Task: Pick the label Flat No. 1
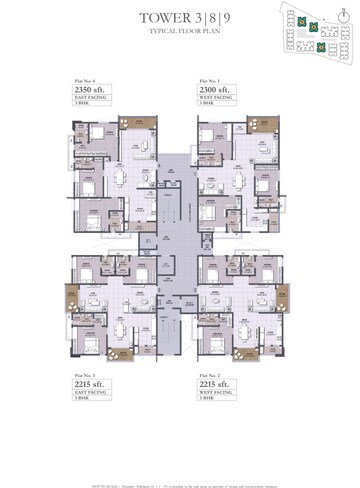209,79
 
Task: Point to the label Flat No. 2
209,373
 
